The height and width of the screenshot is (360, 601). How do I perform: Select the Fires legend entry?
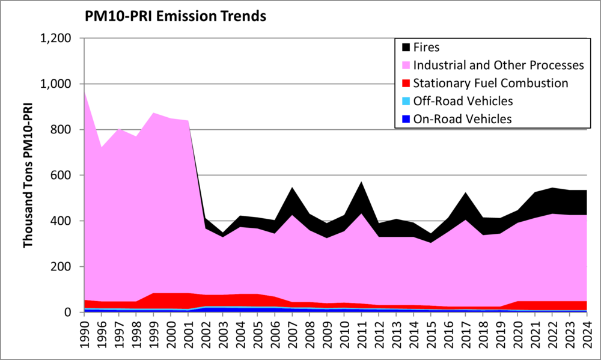[x=429, y=46]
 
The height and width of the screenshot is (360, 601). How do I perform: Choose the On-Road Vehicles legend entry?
[x=463, y=118]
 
